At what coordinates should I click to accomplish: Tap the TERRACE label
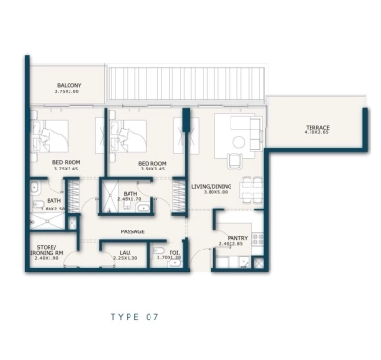(x=317, y=128)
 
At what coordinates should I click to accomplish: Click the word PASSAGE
(x=133, y=231)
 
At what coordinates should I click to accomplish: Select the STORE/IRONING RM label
(x=50, y=249)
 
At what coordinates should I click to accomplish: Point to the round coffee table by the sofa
(x=238, y=140)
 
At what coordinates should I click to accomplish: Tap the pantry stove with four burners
(x=255, y=235)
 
